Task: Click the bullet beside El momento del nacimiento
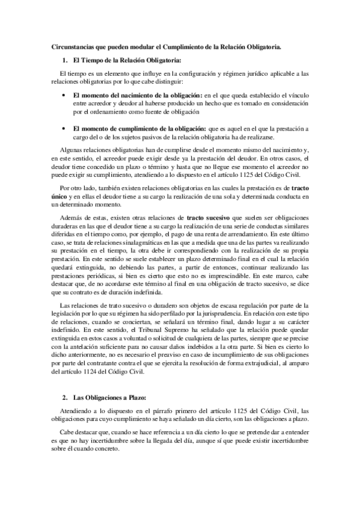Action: point(64,95)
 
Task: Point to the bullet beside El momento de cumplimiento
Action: point(64,128)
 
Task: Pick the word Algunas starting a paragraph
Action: point(73,149)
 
